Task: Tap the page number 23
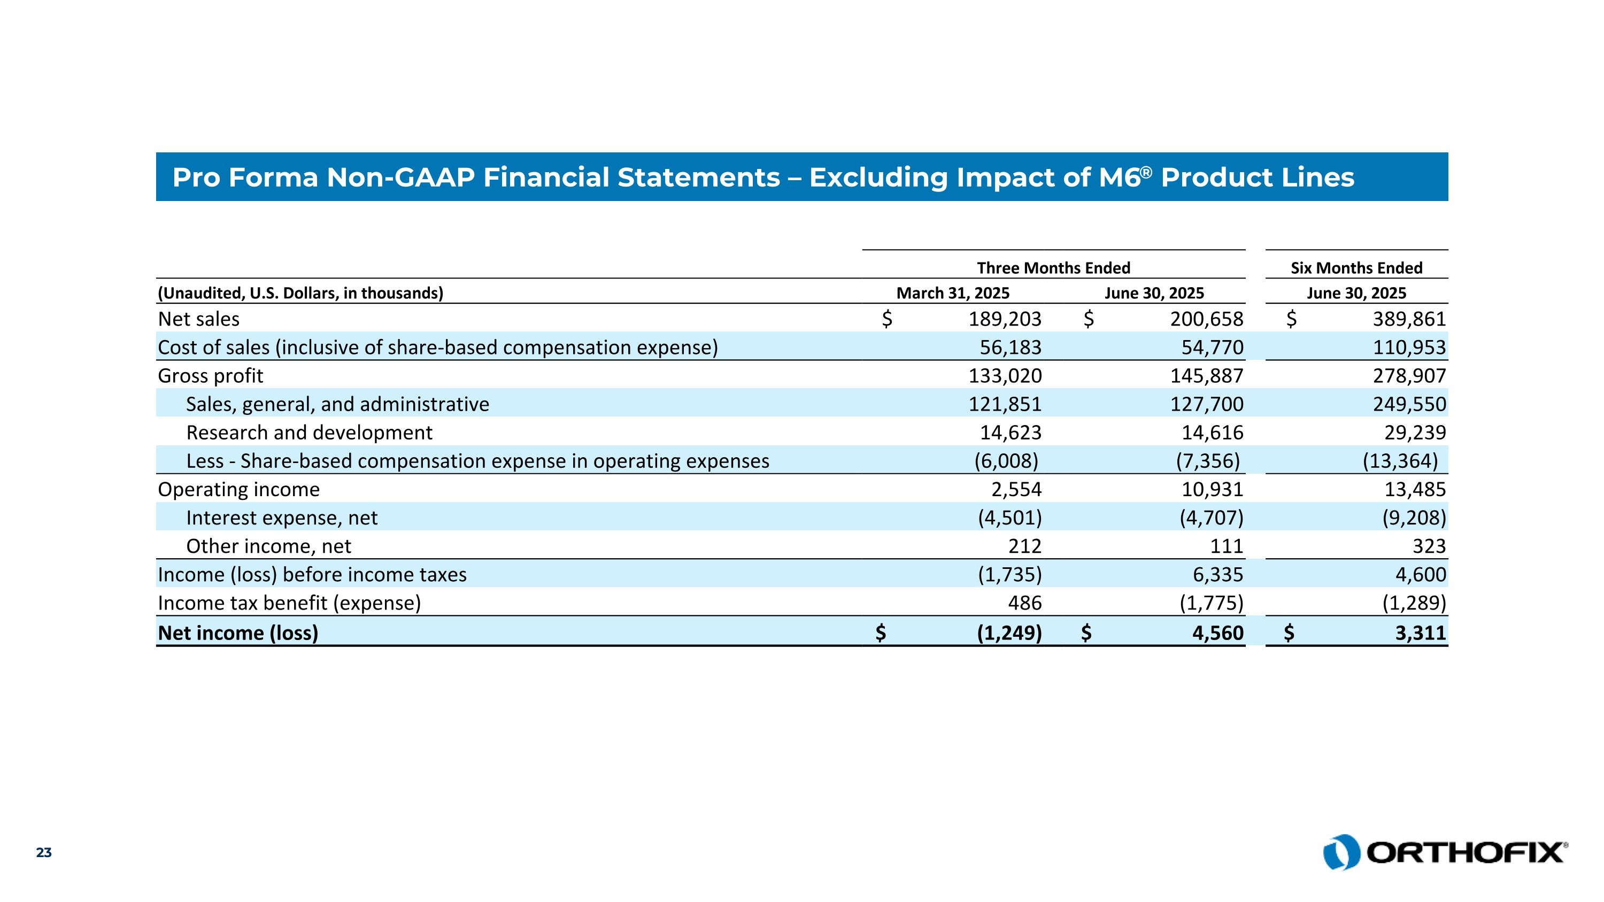[44, 853]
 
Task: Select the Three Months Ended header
[1053, 268]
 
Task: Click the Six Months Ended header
[1356, 268]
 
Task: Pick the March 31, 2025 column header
[953, 293]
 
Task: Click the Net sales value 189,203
[1004, 319]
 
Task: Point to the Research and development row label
[309, 433]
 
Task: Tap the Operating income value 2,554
[1016, 489]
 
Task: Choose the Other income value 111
[1227, 546]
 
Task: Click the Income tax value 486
[1024, 603]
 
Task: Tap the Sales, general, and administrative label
[337, 404]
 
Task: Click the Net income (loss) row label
[238, 633]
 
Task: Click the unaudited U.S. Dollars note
[300, 293]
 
